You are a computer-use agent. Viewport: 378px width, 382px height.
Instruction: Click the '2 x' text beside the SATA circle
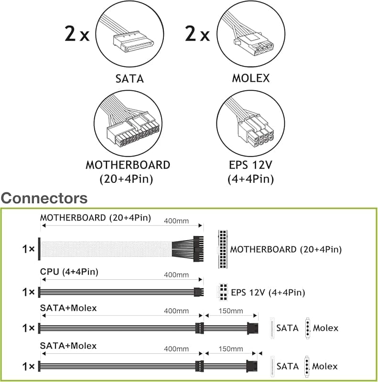click(x=77, y=33)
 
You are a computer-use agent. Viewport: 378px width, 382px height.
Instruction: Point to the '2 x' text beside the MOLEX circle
click(x=197, y=33)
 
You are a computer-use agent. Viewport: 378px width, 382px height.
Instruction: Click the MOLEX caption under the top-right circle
click(x=251, y=78)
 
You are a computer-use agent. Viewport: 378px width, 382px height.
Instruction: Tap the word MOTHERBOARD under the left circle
click(x=128, y=165)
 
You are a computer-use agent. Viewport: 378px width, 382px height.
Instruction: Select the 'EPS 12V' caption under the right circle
click(x=250, y=165)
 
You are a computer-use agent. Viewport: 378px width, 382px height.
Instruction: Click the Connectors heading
click(x=44, y=198)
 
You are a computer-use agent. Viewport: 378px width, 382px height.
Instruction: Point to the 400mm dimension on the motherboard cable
click(x=176, y=221)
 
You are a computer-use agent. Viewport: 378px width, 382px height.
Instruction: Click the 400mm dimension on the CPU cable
click(x=176, y=275)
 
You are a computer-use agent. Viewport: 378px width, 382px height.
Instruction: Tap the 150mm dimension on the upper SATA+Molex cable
click(x=231, y=311)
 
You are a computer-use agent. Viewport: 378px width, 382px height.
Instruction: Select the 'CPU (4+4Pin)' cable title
click(x=69, y=272)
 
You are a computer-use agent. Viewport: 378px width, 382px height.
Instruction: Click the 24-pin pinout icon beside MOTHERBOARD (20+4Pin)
click(x=223, y=249)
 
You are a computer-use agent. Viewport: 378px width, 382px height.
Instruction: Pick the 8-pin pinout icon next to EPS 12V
click(x=223, y=292)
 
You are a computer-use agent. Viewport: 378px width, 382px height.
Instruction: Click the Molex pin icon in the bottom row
click(x=307, y=366)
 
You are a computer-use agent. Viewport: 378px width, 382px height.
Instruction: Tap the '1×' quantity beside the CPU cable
click(x=29, y=292)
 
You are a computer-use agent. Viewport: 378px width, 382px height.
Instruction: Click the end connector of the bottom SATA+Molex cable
click(x=252, y=366)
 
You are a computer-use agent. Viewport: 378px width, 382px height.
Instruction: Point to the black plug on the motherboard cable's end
click(x=198, y=249)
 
